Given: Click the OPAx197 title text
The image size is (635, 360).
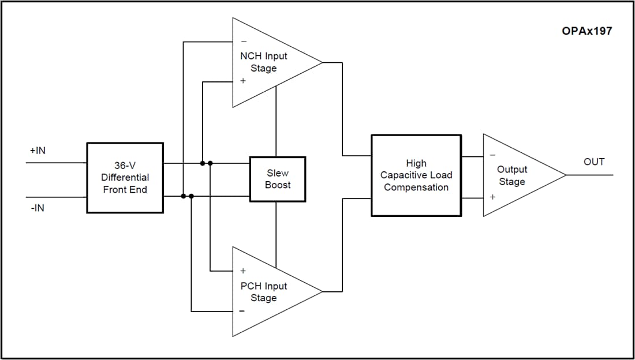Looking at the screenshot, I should tap(587, 31).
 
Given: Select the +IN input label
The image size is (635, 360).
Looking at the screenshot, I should tap(38, 151).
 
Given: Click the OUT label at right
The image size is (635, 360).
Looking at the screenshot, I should tap(593, 162).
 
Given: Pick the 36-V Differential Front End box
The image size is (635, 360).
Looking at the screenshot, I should tap(125, 178).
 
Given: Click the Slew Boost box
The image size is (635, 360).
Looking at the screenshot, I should tap(278, 179).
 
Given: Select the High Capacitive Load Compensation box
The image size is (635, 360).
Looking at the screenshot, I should tap(416, 175).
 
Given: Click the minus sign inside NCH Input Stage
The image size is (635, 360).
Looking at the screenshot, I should tap(243, 42).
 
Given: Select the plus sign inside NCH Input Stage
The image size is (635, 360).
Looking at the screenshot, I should tap(243, 81).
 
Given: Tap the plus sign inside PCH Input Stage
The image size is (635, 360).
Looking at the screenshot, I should tap(243, 271).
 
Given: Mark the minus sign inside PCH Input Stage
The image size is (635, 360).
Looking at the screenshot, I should tap(242, 312).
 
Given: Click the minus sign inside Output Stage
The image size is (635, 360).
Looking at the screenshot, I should tap(492, 155).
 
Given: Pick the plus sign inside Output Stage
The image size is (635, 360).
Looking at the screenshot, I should tap(492, 197).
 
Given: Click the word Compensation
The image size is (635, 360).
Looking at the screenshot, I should tap(416, 187).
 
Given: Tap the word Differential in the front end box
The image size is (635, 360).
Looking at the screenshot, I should tap(125, 178).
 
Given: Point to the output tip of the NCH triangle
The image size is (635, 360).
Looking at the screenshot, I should tap(322, 62).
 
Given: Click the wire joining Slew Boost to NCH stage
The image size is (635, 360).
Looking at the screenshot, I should tap(276, 121).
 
